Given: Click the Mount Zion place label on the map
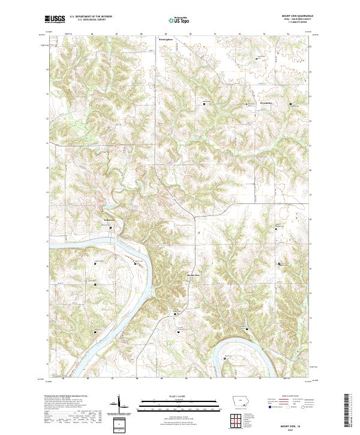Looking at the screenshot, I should [x=193, y=275].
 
